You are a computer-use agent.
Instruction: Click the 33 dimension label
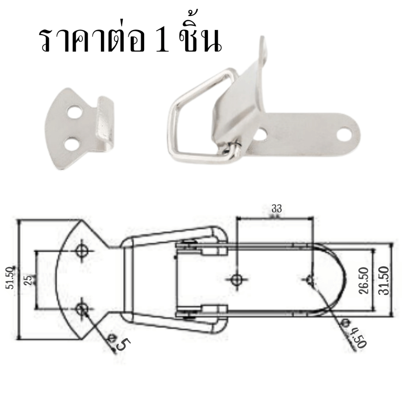277,209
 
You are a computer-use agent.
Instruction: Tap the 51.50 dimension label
10,278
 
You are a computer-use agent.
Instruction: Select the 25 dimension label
29,280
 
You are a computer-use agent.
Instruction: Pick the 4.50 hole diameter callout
356,334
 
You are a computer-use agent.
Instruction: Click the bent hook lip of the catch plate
105,123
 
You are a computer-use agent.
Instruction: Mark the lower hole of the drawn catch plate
82,309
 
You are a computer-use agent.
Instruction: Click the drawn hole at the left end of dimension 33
236,280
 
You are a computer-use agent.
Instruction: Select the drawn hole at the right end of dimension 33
311,280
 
